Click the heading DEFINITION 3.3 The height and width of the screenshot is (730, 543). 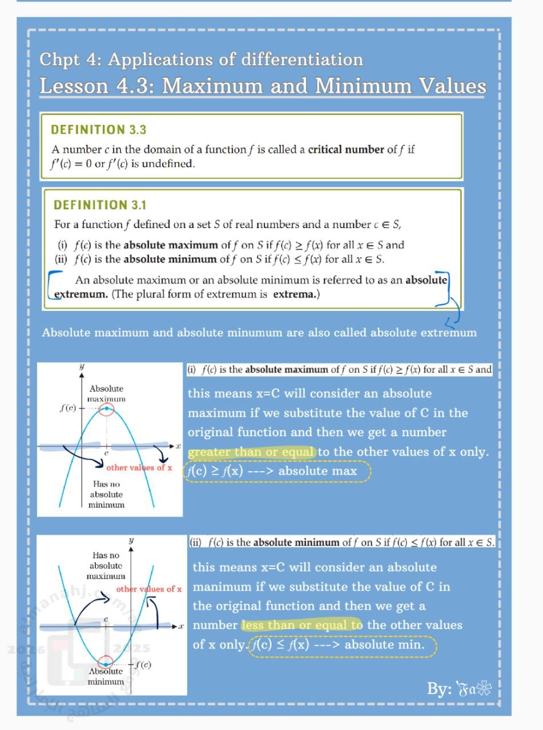pos(99,129)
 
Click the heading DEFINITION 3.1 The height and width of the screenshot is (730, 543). pos(99,205)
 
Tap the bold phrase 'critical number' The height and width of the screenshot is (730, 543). pos(346,149)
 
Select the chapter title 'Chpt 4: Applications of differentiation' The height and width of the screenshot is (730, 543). pos(201,60)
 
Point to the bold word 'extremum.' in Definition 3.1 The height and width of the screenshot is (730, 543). pos(81,294)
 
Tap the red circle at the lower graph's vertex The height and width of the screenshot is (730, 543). pos(105,663)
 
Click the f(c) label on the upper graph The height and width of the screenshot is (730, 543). pos(68,408)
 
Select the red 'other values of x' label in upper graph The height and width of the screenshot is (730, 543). pos(139,468)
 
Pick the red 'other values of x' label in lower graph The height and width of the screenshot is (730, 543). pos(149,589)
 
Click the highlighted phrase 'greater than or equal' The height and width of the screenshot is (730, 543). pos(251,452)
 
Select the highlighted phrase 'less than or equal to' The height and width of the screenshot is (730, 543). pos(301,625)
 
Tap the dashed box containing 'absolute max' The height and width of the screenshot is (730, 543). pos(277,471)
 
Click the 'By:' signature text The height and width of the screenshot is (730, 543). pos(440,689)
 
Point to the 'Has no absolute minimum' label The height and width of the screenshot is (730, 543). pos(107,494)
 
